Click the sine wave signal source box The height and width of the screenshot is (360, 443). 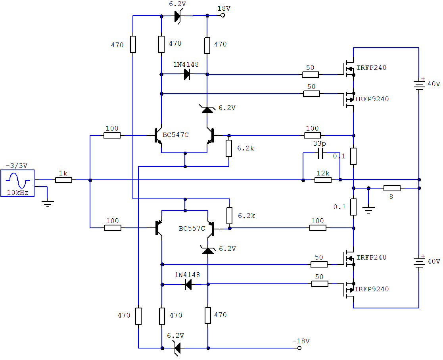(17, 183)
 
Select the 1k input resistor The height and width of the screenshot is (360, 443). (63, 180)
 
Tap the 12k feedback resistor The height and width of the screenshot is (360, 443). (323, 179)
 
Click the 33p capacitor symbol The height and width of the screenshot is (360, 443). (320, 153)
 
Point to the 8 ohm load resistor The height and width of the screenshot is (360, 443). (392, 188)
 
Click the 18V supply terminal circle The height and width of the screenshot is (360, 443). (222, 15)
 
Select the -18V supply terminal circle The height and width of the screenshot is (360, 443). (299, 348)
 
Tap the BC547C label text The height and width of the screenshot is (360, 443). (175, 135)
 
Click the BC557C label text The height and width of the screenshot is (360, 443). (192, 229)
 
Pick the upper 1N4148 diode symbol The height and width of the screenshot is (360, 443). (187, 74)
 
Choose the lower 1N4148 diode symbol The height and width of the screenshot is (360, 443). (188, 284)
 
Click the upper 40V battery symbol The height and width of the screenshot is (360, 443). (419, 84)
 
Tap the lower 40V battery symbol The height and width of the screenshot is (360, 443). (419, 262)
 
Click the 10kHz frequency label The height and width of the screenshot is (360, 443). (17, 193)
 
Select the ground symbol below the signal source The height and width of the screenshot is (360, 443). (48, 204)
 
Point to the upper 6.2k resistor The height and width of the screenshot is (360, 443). (229, 148)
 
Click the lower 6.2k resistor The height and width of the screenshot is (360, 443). (229, 216)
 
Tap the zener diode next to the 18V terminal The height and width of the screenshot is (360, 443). (178, 16)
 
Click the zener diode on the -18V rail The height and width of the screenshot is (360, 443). (177, 348)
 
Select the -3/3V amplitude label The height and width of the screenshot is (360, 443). (17, 166)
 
